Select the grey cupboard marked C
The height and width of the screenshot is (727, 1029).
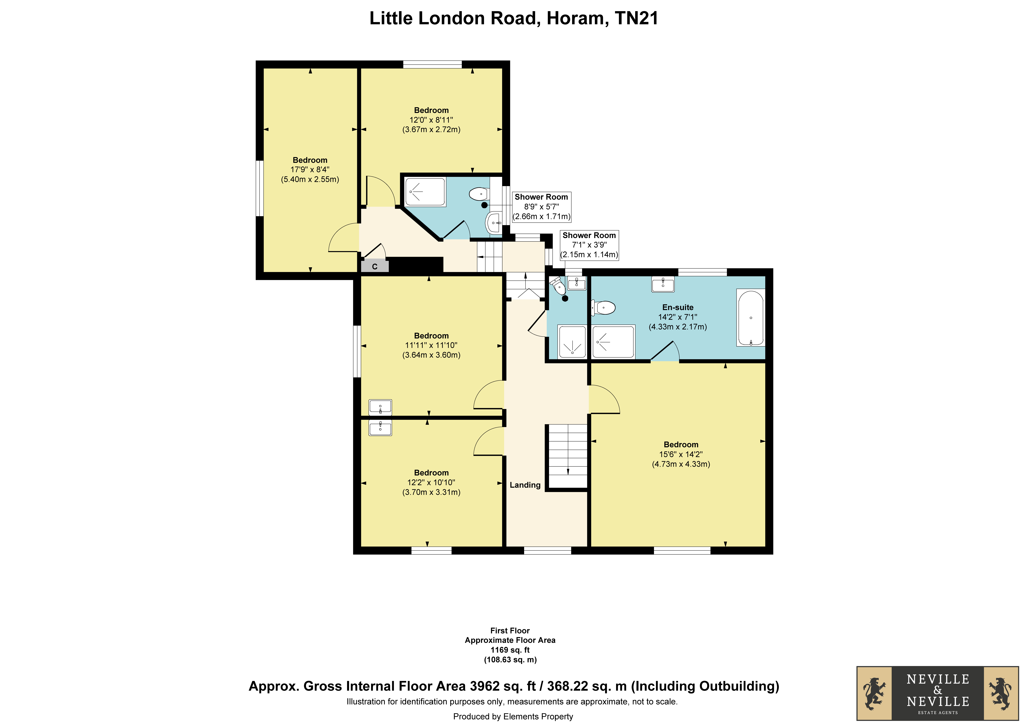coord(375,266)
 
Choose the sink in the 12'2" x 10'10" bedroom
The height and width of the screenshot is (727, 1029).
coord(380,428)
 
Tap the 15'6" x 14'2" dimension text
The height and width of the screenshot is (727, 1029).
coord(681,454)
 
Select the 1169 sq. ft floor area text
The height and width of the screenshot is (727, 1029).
coord(510,650)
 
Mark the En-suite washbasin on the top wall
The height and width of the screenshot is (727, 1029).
coord(663,284)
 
